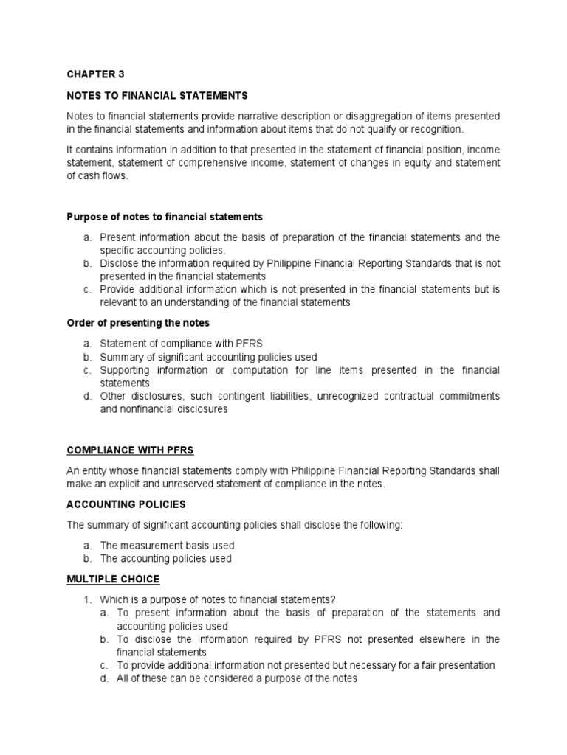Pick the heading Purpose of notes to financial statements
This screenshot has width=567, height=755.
[x=165, y=217]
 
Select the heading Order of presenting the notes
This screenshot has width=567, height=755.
[x=138, y=323]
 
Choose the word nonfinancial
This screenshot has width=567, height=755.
[x=147, y=410]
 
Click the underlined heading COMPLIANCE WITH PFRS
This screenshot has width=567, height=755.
[x=130, y=450]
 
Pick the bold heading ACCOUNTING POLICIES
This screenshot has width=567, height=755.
[x=126, y=504]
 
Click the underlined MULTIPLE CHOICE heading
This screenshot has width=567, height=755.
[x=113, y=580]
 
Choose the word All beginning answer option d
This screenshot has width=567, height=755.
[x=123, y=678]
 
